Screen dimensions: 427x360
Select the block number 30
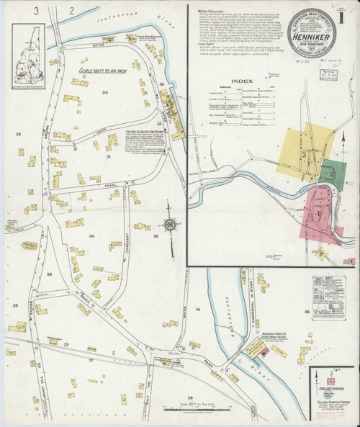[x=104, y=93]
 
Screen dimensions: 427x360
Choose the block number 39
[x=306, y=311]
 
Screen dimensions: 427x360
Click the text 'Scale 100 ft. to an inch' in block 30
[x=99, y=73]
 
